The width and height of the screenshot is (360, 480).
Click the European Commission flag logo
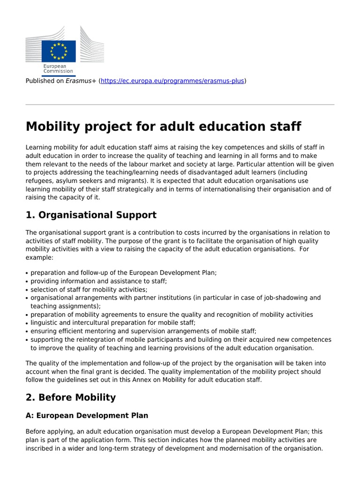pyautogui.click(x=59, y=51)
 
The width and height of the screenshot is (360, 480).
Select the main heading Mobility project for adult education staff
pyautogui.click(x=164, y=127)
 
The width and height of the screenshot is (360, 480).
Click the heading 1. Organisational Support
pyautogui.click(x=91, y=215)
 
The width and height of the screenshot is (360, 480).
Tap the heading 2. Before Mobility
pyautogui.click(x=70, y=397)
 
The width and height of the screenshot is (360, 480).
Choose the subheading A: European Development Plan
pyautogui.click(x=87, y=416)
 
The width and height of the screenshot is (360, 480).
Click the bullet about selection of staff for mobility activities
pyautogui.click(x=89, y=289)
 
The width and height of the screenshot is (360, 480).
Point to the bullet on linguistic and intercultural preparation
pyautogui.click(x=113, y=323)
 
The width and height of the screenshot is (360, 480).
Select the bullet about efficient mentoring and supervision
pyautogui.click(x=143, y=331)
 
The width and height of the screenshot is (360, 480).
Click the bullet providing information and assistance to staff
pyautogui.click(x=98, y=281)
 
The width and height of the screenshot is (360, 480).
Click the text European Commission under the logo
pyautogui.click(x=58, y=69)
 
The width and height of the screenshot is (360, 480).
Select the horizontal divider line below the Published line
pyautogui.click(x=180, y=105)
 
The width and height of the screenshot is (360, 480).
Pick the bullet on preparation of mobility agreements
pyautogui.click(x=172, y=315)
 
